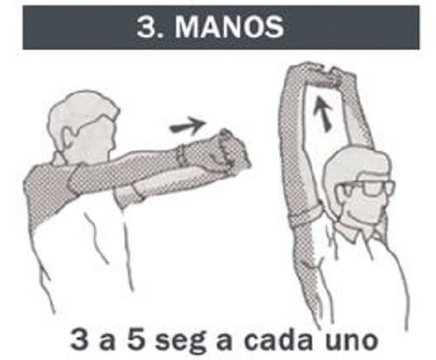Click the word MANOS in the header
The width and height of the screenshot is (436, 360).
pyautogui.click(x=229, y=27)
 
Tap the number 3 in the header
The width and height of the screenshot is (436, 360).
pyautogui.click(x=146, y=27)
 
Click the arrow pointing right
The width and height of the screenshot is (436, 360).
pyautogui.click(x=187, y=126)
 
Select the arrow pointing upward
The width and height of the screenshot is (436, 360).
pyautogui.click(x=323, y=113)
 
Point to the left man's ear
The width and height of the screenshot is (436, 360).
pyautogui.click(x=67, y=136)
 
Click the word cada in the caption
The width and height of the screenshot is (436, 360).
pyautogui.click(x=279, y=338)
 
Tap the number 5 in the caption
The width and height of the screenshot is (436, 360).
pyautogui.click(x=136, y=338)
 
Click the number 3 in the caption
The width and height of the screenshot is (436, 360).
pyautogui.click(x=79, y=338)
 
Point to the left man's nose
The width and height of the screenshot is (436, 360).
pyautogui.click(x=116, y=141)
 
